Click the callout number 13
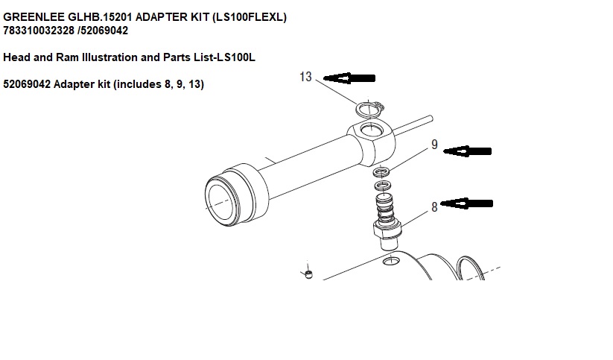pos(305,77)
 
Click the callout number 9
pos(434,145)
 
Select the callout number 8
pos(434,207)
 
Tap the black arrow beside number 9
pos(467,151)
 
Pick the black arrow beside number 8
pos(466,202)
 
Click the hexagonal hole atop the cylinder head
pos(369,133)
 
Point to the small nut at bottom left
pos(308,275)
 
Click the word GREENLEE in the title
pos(31,16)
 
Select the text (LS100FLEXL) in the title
pos(249,16)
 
